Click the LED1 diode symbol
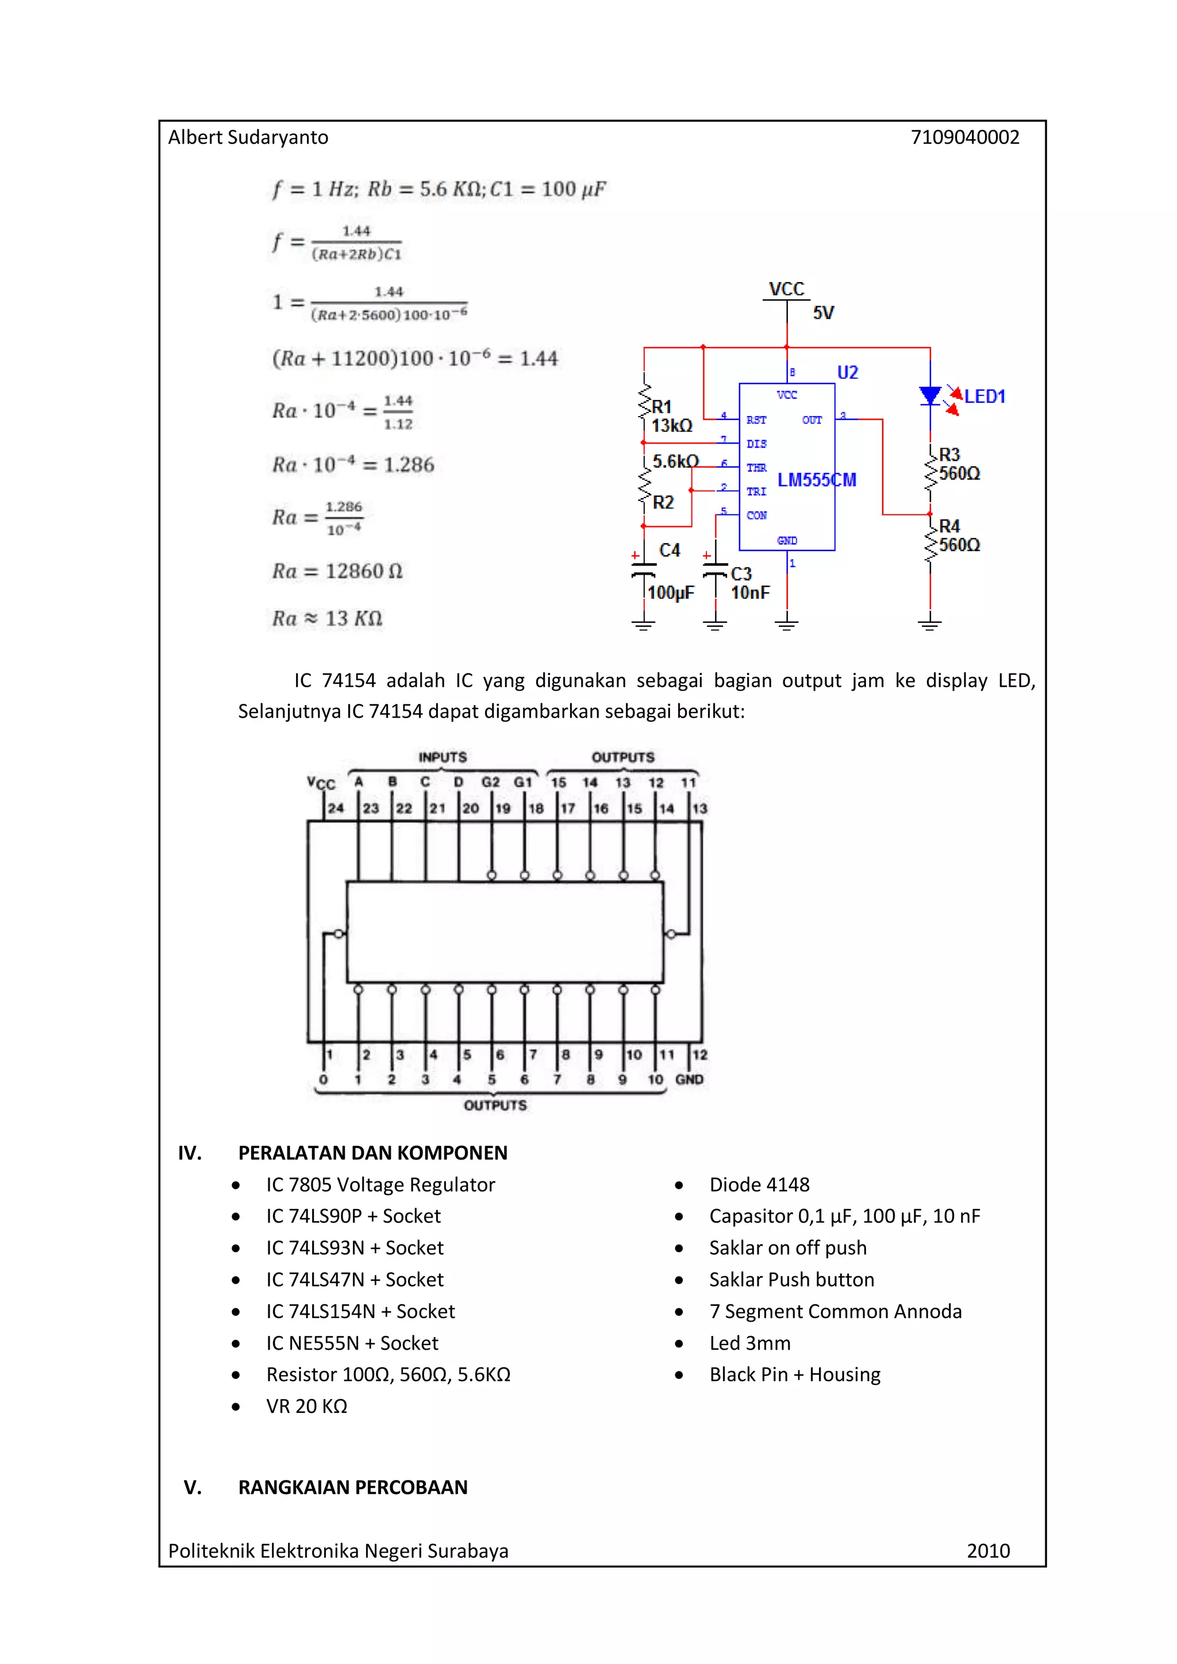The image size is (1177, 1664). tap(930, 396)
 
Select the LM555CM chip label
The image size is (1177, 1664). tap(816, 480)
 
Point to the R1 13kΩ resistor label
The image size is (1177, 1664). tap(671, 416)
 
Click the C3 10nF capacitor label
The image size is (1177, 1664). tap(749, 583)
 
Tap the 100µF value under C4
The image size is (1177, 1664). tap(671, 593)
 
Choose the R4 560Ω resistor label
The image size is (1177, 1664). tap(958, 536)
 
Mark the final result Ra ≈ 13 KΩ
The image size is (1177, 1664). tap(327, 618)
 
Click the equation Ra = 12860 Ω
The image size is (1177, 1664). tap(337, 571)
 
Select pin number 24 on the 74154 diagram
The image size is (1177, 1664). tap(336, 808)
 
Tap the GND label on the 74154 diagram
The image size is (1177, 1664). tap(688, 1079)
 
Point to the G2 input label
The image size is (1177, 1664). tap(491, 782)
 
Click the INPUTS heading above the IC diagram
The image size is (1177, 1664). tap(442, 757)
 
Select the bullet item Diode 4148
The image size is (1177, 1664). tap(759, 1184)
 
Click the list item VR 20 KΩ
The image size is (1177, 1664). tap(306, 1406)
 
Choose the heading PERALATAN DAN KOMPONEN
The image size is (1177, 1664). tap(372, 1153)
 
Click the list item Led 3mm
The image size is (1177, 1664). tap(749, 1343)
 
